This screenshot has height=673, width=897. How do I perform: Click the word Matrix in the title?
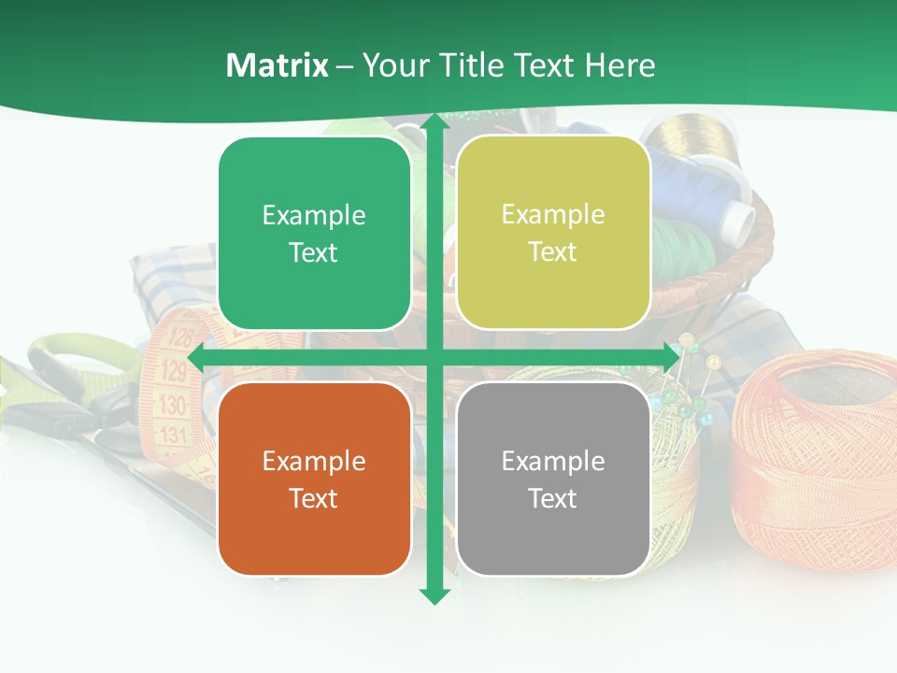point(278,65)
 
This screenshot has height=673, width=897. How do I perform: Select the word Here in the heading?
point(620,65)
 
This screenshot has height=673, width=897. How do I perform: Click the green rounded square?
point(314,234)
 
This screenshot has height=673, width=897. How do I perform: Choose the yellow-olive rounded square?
point(553,233)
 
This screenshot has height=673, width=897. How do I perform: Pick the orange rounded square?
point(314,479)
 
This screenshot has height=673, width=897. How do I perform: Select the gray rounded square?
point(553,479)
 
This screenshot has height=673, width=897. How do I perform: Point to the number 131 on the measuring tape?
point(174,435)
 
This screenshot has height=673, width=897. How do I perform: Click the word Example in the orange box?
point(314,461)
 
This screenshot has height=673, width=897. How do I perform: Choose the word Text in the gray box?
point(553,498)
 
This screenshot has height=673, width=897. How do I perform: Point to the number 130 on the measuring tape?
point(173,405)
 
